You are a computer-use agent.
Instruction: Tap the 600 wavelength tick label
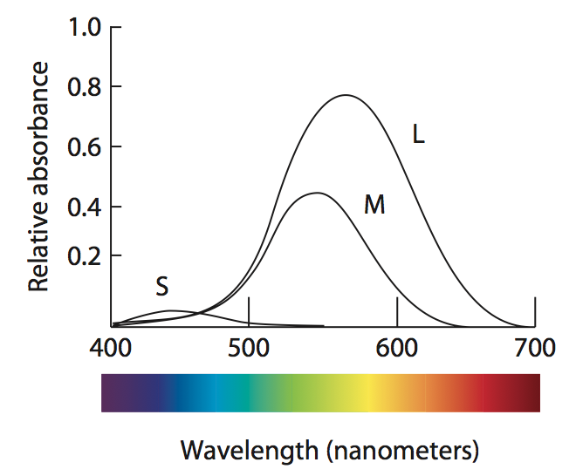(x=398, y=349)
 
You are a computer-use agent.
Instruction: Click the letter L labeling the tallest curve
(x=418, y=135)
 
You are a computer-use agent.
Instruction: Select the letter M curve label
(x=374, y=205)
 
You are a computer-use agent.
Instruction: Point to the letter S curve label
(x=161, y=286)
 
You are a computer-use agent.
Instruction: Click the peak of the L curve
(x=346, y=95)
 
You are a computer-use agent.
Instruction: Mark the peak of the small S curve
(x=172, y=310)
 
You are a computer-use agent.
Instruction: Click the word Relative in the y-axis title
(x=38, y=252)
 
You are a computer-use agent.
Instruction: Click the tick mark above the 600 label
(x=398, y=311)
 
